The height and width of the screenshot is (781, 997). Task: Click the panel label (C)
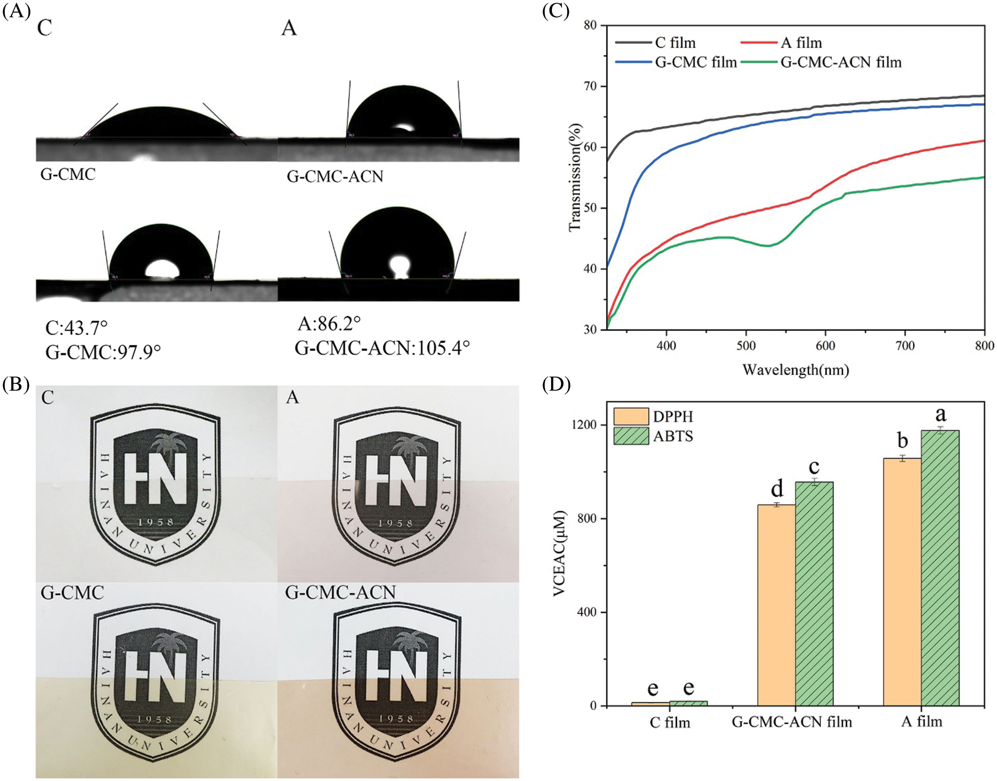pos(555,10)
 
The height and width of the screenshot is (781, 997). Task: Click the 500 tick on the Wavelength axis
pos(746,346)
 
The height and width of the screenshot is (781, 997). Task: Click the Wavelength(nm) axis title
pos(796,370)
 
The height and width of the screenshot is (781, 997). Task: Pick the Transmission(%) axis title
pos(576,177)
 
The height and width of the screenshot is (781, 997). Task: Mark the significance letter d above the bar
pos(777,488)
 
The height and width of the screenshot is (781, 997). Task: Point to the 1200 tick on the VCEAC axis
pos(585,424)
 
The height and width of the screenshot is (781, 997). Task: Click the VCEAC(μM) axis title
pos(560,553)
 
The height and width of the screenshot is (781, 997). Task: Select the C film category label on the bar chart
pos(670,722)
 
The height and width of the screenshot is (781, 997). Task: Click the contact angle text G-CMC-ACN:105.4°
pos(382,348)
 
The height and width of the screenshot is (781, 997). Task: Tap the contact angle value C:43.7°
pos(77,328)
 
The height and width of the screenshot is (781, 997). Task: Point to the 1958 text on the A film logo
pos(396,523)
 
